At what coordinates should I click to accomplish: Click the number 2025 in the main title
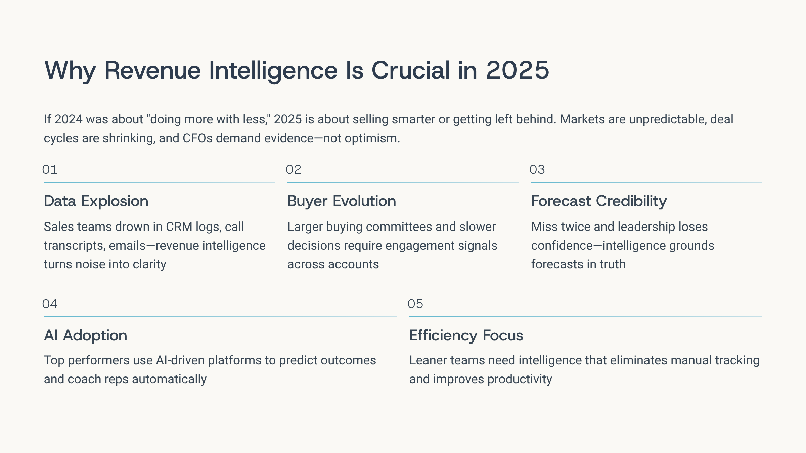[518, 70]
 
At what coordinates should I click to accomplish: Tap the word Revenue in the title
[152, 70]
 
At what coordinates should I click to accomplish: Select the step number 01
[50, 170]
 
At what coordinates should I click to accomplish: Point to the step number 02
[294, 170]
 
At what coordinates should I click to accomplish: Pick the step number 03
[537, 170]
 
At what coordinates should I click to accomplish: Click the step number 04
[50, 304]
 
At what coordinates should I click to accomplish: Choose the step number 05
[415, 304]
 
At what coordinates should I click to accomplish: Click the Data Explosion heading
[96, 201]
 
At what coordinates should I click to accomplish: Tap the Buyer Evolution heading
[342, 201]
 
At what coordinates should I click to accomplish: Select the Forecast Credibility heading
[599, 201]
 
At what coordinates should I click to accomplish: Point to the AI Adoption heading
[86, 335]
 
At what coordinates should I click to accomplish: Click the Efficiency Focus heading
[466, 335]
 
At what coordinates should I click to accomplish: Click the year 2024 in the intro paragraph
[69, 119]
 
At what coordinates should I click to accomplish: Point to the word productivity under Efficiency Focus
[520, 379]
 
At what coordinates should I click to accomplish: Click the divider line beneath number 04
[220, 316]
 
